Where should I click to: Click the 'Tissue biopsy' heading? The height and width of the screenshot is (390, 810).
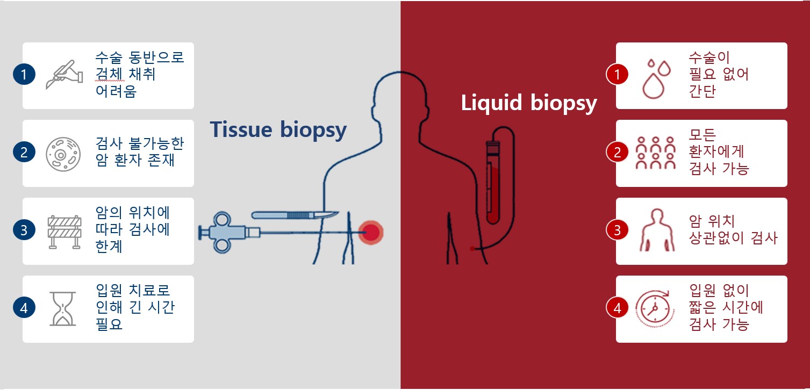coord(278,130)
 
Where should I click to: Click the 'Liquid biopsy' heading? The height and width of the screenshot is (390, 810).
coord(529,103)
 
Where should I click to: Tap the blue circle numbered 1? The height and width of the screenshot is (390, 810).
coord(24,75)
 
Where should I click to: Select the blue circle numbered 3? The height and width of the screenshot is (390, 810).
coord(24,230)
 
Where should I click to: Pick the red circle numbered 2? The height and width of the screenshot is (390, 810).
coord(617,152)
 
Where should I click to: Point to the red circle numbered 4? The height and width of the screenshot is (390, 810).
coord(617,308)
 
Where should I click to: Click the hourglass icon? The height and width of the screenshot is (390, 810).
coord(62,309)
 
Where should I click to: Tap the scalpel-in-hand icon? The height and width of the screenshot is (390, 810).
coord(64,75)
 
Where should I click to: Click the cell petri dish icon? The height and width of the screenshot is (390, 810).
coord(63,154)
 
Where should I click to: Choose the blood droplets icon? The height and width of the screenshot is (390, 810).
coord(656,78)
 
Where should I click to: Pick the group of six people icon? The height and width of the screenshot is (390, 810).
coord(655,153)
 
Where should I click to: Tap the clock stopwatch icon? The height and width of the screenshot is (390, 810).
coord(655,309)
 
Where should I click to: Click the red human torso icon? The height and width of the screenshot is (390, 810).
coord(657,230)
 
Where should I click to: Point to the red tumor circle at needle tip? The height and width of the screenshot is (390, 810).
coord(371,233)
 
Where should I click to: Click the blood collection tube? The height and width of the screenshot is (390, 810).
coord(493,183)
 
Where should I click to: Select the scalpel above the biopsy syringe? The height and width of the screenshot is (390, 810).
coord(295,215)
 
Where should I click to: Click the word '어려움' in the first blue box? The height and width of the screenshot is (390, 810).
coord(116,91)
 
